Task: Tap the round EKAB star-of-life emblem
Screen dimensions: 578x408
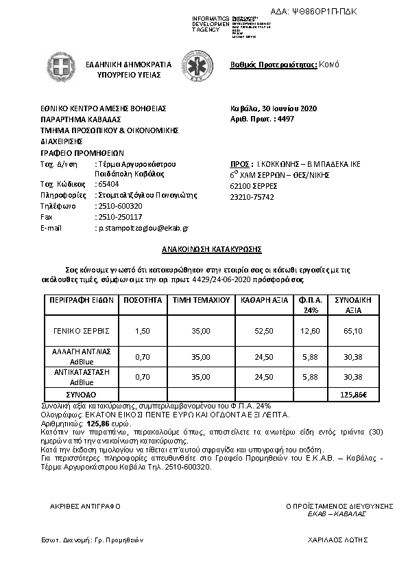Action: coord(194,67)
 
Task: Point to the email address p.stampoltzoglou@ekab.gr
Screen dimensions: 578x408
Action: coord(142,227)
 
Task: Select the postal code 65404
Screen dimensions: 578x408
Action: coord(108,185)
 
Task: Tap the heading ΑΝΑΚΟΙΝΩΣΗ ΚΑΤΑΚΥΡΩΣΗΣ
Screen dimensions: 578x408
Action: coord(204,249)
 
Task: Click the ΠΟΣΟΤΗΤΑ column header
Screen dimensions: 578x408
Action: coord(143,301)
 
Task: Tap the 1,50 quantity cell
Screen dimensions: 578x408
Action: coord(143,330)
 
